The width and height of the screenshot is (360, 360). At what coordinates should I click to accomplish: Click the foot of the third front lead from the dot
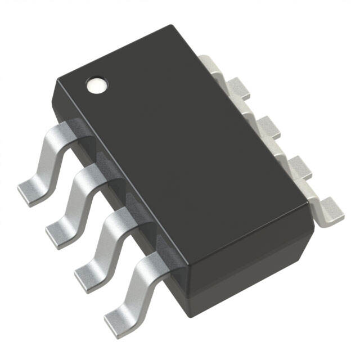pos(87,272)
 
